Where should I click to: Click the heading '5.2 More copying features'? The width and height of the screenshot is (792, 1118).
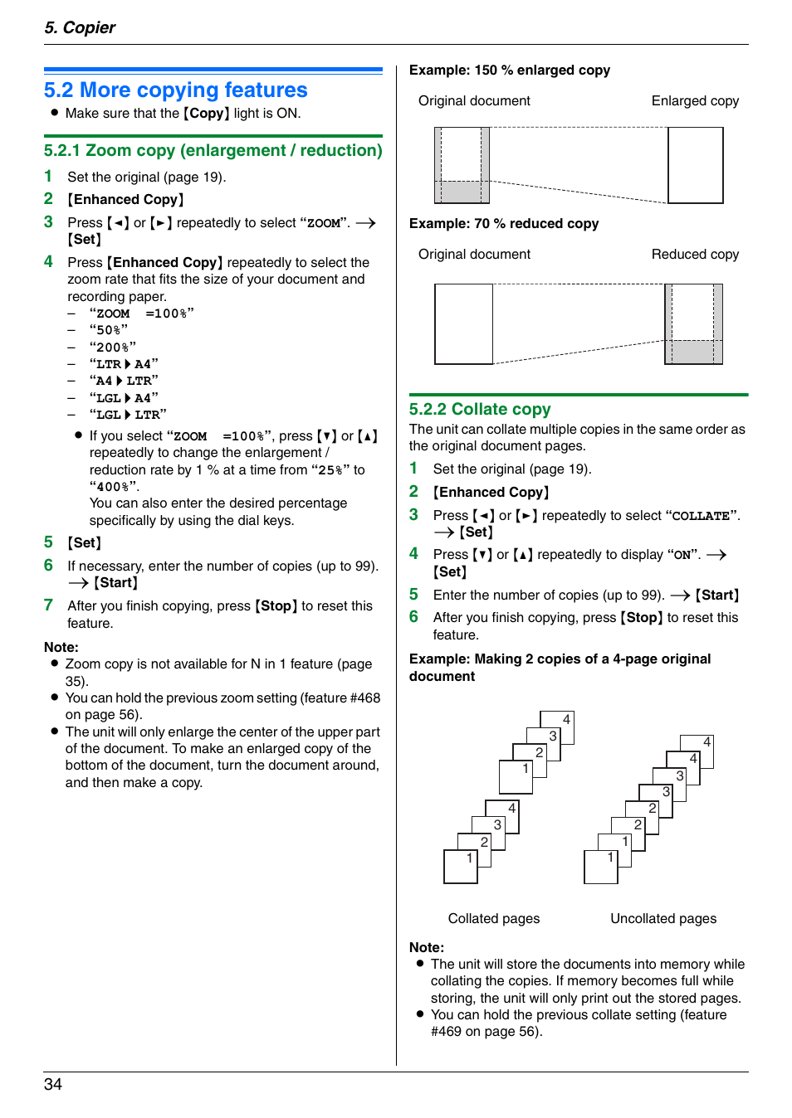pos(175,90)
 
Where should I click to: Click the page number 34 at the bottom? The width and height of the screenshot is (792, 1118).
pos(53,1084)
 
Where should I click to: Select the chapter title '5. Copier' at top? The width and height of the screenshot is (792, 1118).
pos(80,27)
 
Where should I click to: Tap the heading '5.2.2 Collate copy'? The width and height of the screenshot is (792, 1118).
pos(479,409)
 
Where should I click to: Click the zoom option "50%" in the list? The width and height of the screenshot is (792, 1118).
pos(109,330)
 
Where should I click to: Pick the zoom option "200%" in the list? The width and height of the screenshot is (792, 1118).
pos(113,347)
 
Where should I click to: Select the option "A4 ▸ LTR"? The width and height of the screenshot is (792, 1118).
pos(124,381)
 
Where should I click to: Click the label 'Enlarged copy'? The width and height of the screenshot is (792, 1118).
pos(695,100)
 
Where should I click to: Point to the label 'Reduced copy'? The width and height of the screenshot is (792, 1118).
pos(695,254)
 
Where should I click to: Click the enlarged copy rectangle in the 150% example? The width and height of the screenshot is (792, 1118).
pos(696,165)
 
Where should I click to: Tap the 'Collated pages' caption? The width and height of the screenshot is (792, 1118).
pos(493,918)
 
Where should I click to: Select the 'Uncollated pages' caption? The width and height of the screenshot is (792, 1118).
pos(662,918)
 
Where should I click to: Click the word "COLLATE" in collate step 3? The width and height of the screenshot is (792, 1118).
pos(701,516)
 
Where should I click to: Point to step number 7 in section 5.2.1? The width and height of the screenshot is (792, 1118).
pos(49,605)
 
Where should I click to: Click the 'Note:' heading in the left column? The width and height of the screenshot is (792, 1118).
pos(61,647)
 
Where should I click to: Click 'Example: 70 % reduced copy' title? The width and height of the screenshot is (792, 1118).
pos(503,223)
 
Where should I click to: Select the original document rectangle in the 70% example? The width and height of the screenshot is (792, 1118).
pos(463,324)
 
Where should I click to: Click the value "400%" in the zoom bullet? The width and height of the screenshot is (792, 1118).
pos(113,487)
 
